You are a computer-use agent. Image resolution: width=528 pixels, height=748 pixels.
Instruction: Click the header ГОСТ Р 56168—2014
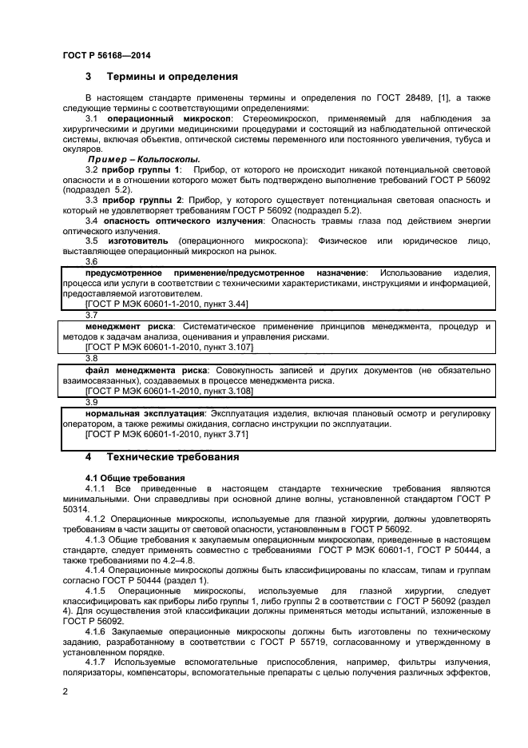point(106,55)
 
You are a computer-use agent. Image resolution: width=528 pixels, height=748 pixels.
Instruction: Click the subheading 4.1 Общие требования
point(124,478)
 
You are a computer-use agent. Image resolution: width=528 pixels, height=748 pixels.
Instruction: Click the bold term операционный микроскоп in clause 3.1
point(169,118)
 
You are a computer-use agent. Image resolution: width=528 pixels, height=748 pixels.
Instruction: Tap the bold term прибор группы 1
point(143,170)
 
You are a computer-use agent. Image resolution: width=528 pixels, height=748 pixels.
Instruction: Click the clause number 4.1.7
point(96,662)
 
